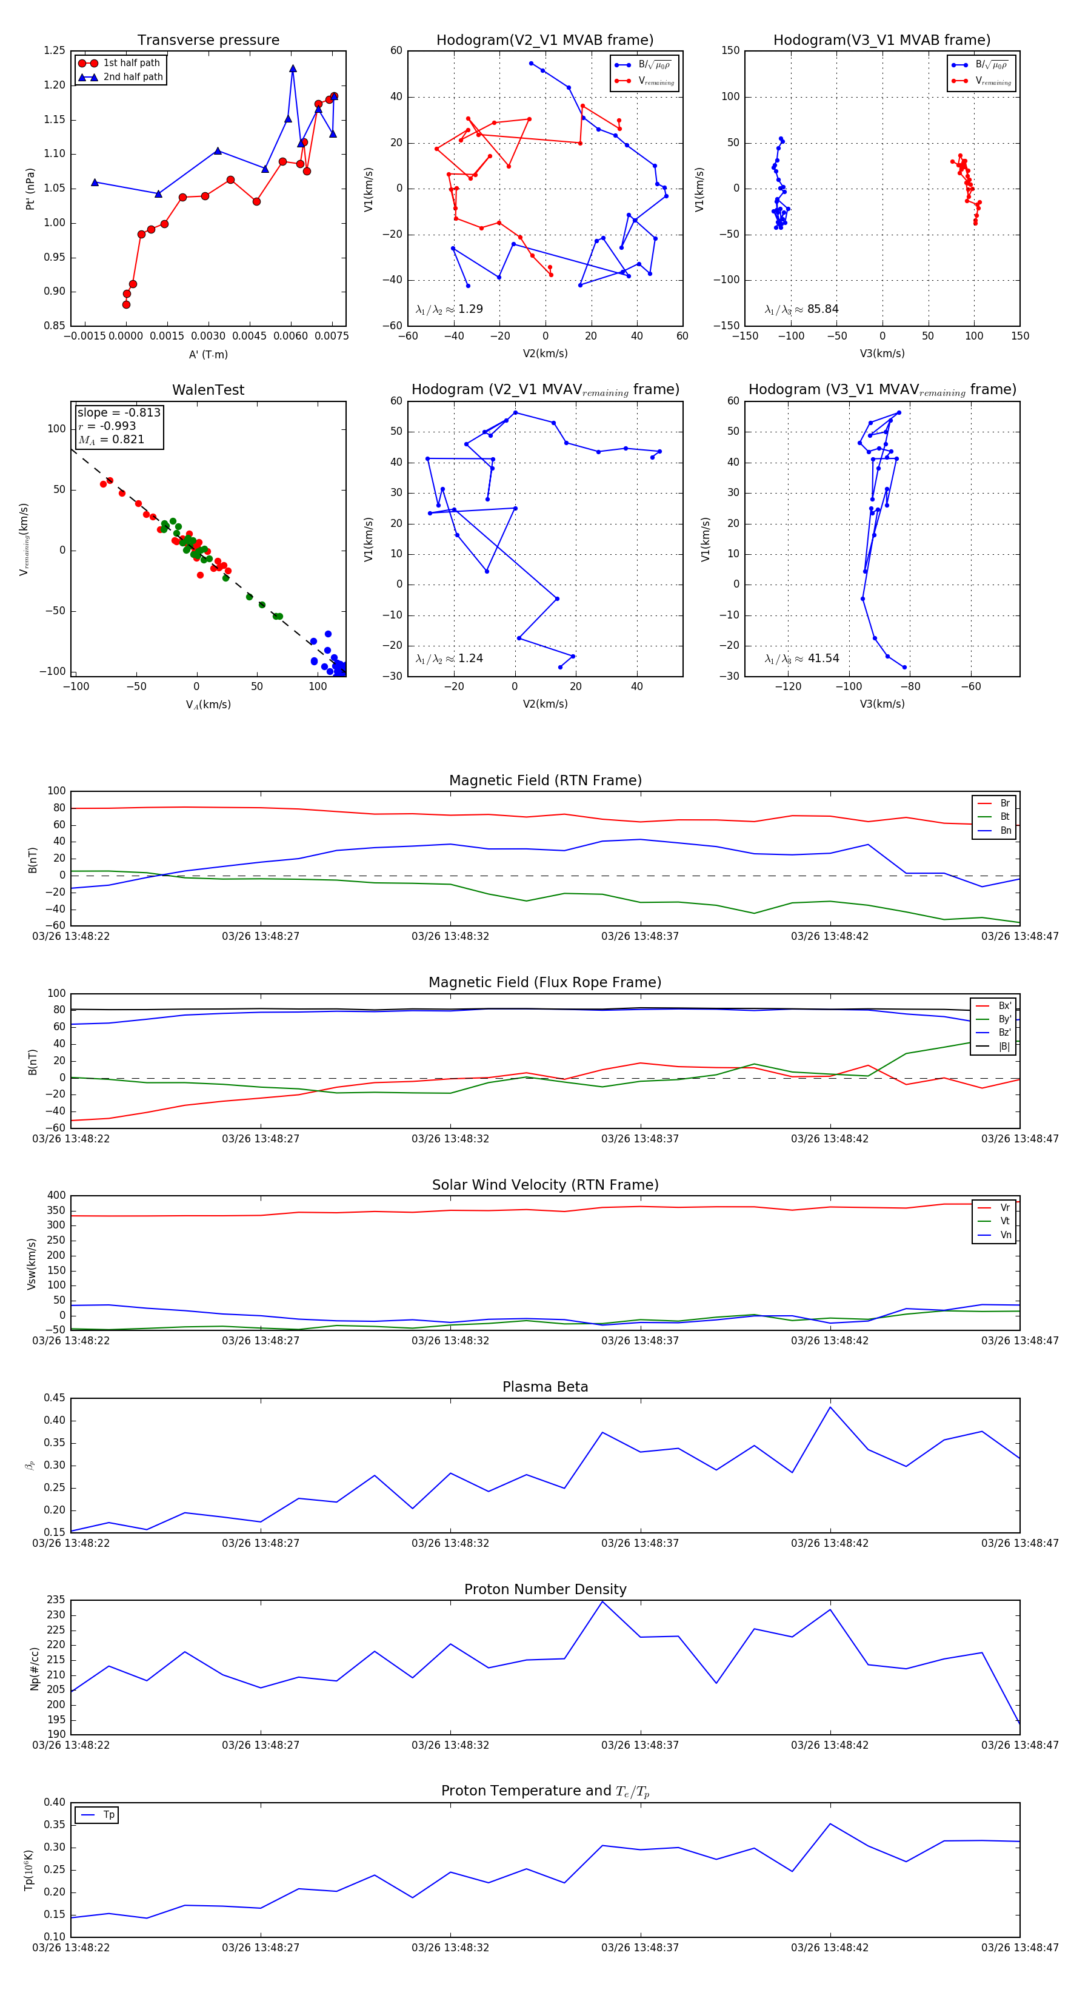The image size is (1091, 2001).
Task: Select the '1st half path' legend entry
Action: [x=130, y=63]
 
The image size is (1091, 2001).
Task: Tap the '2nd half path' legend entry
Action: [x=132, y=77]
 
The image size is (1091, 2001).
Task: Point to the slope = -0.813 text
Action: [x=119, y=412]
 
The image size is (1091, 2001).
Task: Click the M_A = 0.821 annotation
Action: [x=111, y=440]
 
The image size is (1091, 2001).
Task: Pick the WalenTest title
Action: [x=208, y=390]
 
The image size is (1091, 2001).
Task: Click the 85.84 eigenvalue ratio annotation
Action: [x=801, y=309]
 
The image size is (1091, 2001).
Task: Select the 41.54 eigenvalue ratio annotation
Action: [x=801, y=659]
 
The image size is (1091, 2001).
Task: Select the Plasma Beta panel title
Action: [x=545, y=1387]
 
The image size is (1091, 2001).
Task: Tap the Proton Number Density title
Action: [x=545, y=1589]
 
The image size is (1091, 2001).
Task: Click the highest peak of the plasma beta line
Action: [x=830, y=1407]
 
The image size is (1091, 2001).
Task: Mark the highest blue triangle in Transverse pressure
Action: [x=293, y=69]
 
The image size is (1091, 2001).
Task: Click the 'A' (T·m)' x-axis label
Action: [x=208, y=354]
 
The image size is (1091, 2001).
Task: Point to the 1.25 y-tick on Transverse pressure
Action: [x=55, y=50]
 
